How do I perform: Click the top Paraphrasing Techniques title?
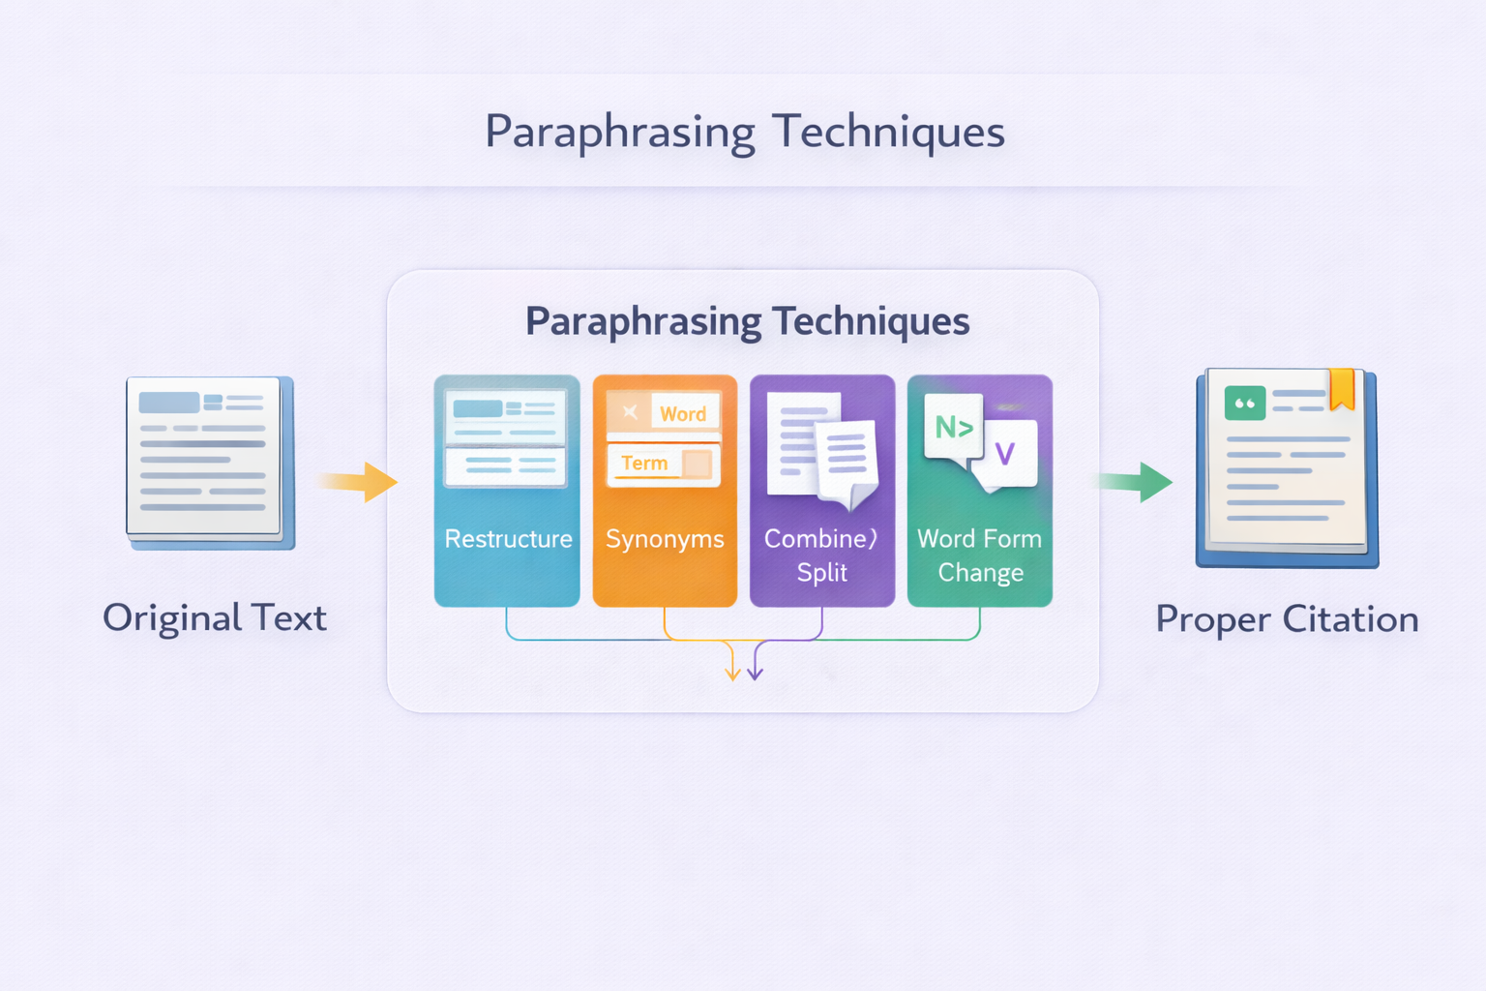(744, 132)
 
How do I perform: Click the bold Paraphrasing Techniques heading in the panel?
(747, 321)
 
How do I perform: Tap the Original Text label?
(215, 618)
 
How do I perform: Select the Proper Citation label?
(1287, 619)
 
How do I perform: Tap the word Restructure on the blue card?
(508, 539)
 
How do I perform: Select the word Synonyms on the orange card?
(665, 539)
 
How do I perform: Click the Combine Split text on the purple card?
(821, 555)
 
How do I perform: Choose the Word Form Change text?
(980, 556)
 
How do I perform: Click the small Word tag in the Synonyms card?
(683, 414)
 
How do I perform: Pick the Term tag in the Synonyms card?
(644, 464)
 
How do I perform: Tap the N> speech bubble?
(953, 427)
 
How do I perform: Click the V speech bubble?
(1006, 453)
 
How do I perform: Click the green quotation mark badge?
(1244, 404)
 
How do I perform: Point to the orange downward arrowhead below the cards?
(733, 672)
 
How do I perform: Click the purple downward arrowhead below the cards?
(755, 672)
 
